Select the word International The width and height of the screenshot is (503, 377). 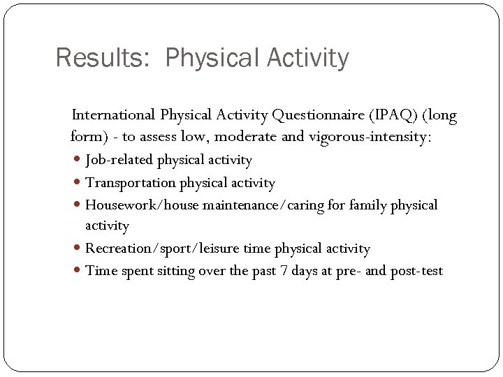(x=114, y=114)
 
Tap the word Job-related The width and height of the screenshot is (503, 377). (x=119, y=160)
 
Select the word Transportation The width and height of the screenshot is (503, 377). (x=131, y=183)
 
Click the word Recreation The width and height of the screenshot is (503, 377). (x=118, y=249)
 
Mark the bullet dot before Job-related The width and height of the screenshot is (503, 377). (x=77, y=161)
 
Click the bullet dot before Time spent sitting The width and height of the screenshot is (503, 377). (x=77, y=272)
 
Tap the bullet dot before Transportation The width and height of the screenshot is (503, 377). (x=77, y=184)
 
